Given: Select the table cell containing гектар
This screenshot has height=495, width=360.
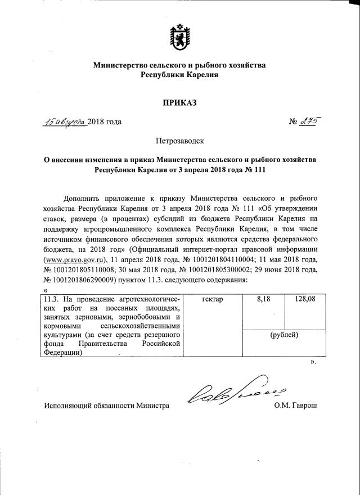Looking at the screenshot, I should click(x=211, y=299).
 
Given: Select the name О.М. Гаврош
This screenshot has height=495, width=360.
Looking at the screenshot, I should click(x=295, y=405).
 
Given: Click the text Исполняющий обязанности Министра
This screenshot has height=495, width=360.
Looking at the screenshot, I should click(x=106, y=405).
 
